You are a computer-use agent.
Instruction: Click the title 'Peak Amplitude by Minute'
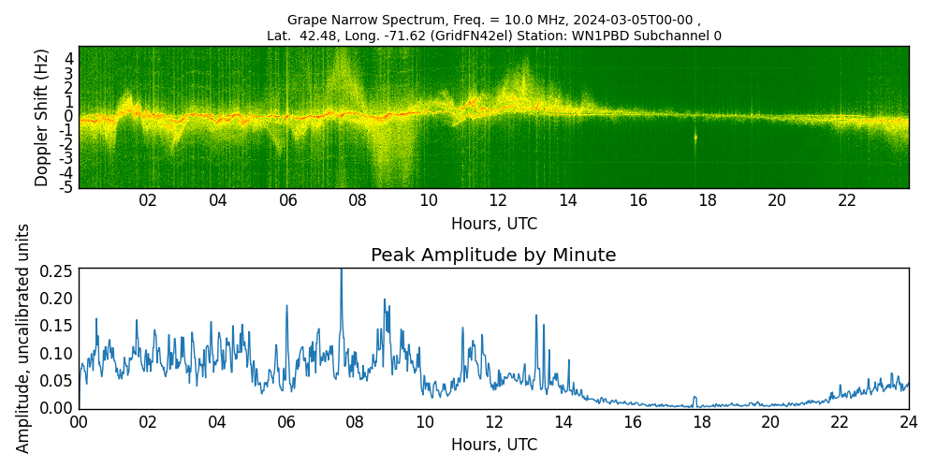pos(493,256)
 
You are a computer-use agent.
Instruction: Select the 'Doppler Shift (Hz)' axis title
pos(42,117)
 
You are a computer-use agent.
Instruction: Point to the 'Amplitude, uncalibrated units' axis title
pos(23,338)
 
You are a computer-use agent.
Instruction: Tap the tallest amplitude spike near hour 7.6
pos(341,271)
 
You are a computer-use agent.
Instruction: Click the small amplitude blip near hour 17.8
pos(695,398)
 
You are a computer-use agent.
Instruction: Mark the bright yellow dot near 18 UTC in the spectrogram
pos(695,138)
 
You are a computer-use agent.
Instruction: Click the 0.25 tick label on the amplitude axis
pos(57,271)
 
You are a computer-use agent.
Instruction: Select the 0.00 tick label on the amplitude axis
pos(57,408)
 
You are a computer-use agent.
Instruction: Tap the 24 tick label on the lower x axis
pos(908,422)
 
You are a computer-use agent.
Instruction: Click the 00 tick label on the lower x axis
pos(79,422)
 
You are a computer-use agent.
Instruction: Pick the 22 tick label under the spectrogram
pos(847,200)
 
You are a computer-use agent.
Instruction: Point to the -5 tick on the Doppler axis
pos(67,187)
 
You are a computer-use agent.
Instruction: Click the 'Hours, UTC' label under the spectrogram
pos(493,224)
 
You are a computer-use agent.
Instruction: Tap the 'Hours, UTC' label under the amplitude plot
pos(493,445)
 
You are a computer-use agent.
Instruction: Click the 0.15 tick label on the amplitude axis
pos(57,326)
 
